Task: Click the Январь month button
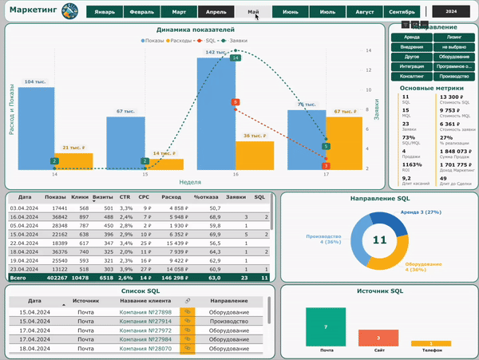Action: point(104,13)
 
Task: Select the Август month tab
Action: point(364,13)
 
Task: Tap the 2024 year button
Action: point(451,13)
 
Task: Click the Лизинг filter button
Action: point(453,37)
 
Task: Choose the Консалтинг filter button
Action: point(412,76)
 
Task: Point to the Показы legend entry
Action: point(153,39)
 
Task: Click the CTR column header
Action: point(125,196)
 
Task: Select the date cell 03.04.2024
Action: point(25,208)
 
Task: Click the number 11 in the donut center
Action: point(380,239)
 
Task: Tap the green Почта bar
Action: point(326,326)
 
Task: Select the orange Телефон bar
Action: point(431,343)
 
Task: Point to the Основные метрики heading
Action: point(432,88)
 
